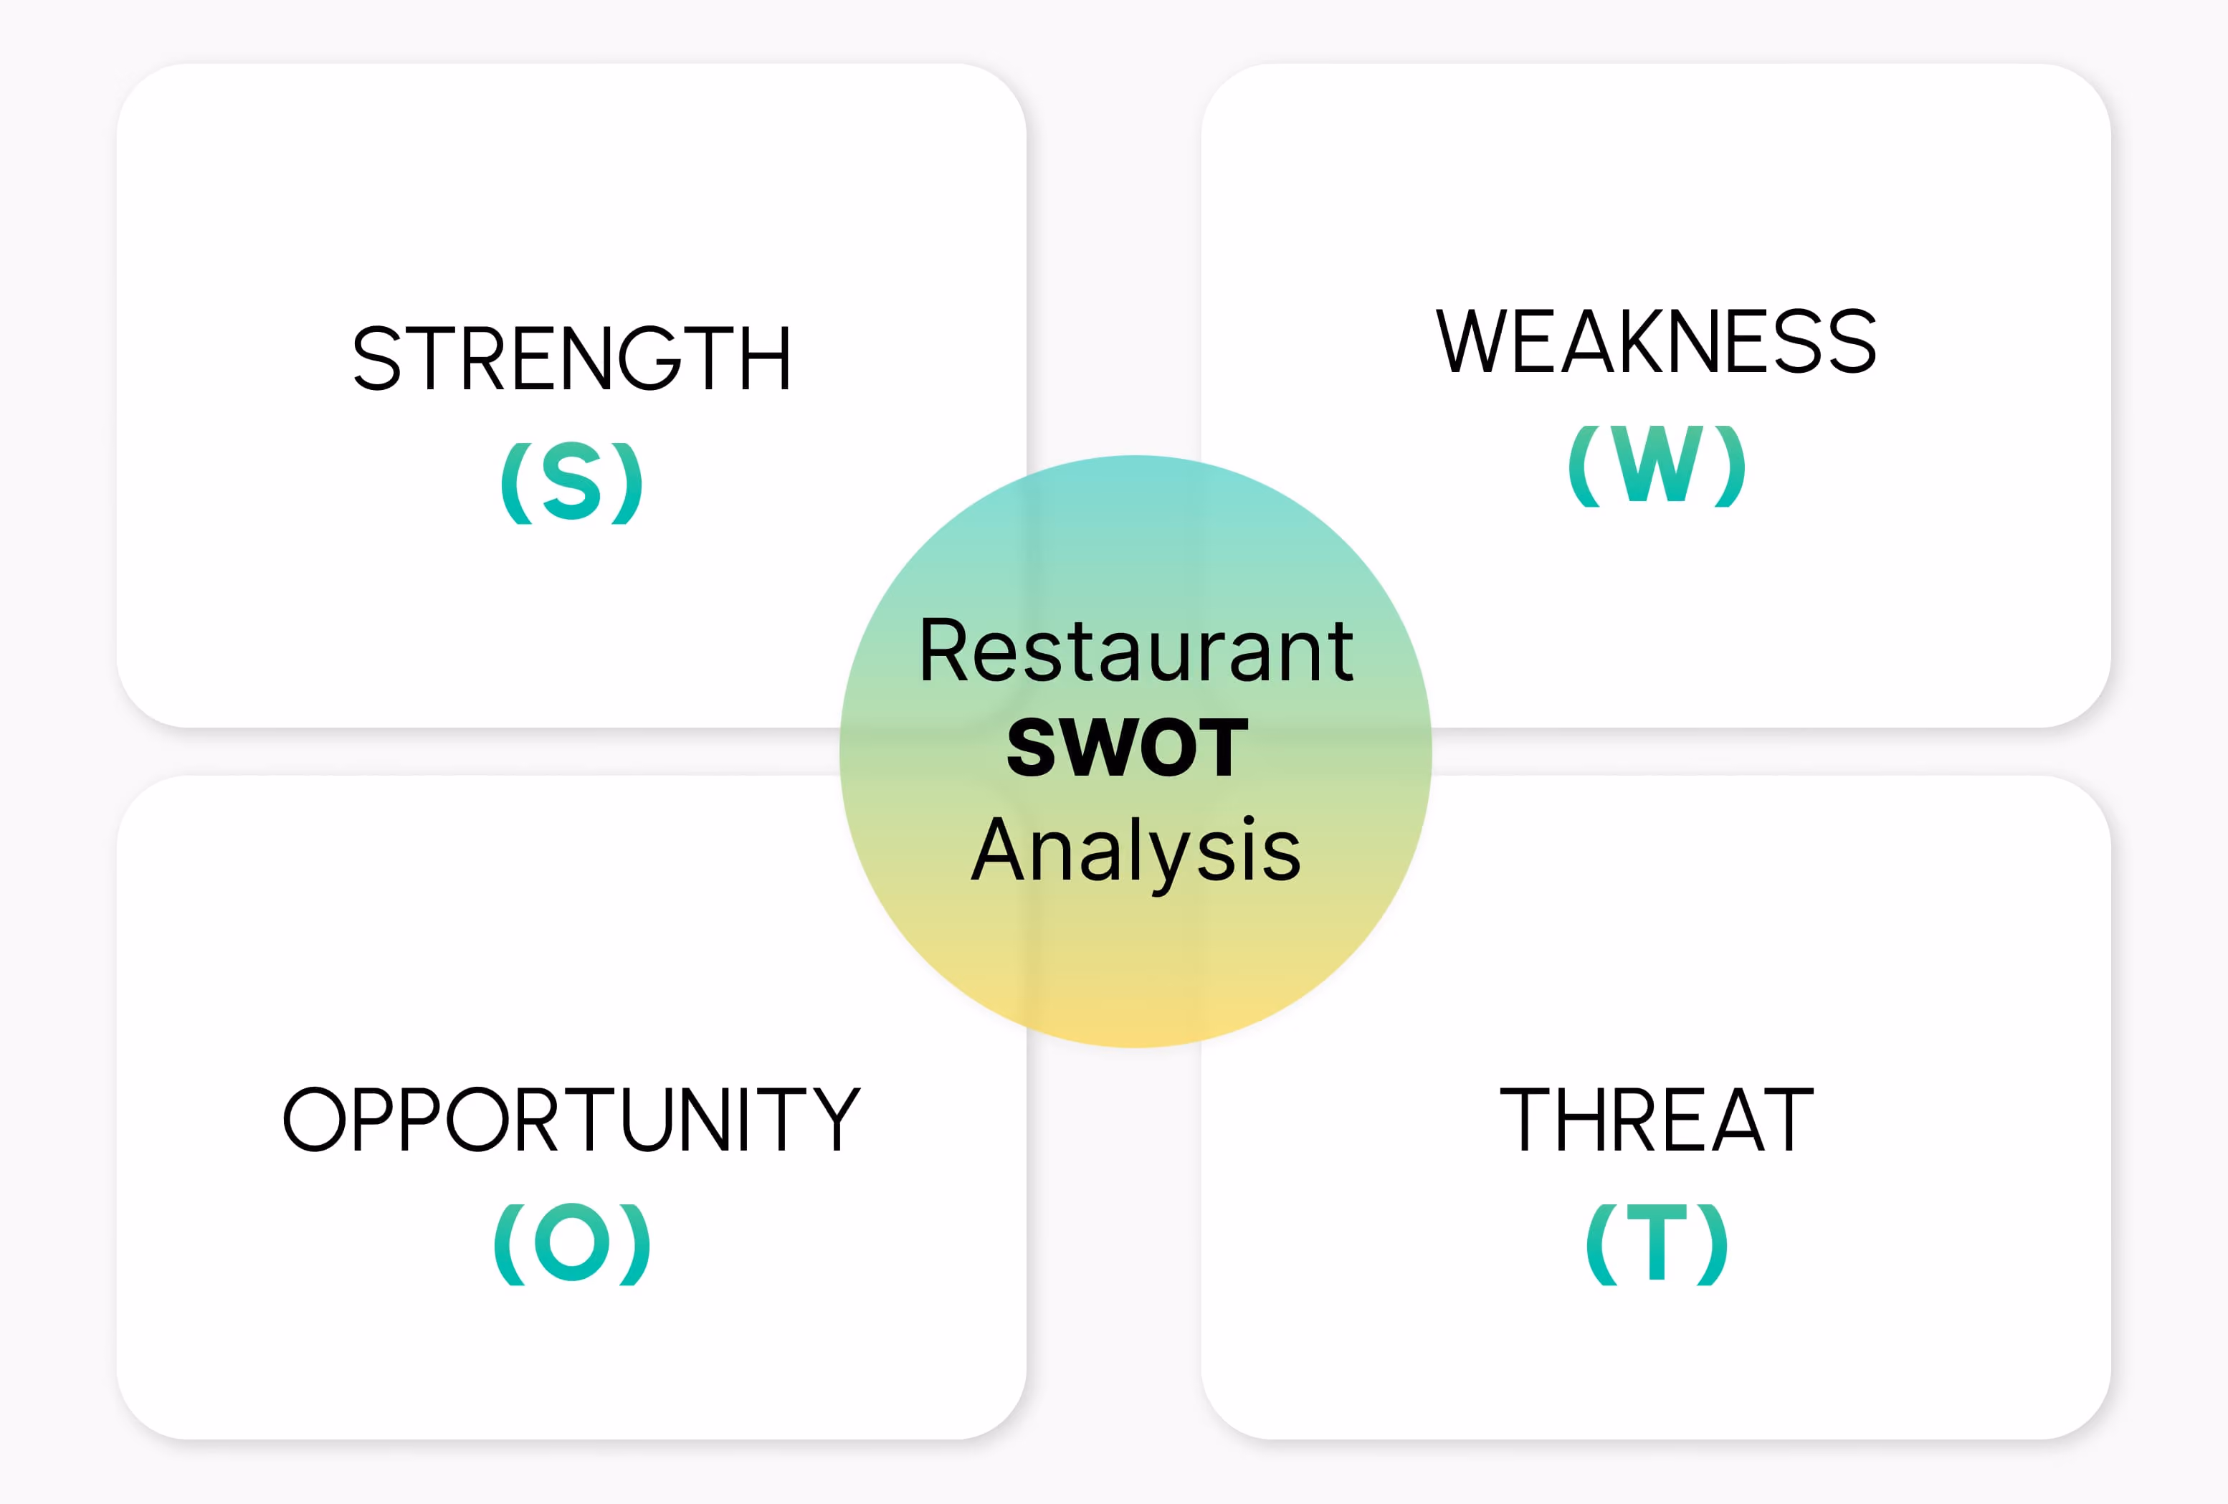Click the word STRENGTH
click(571, 358)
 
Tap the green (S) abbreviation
click(571, 482)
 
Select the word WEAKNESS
click(1656, 341)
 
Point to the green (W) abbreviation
click(1657, 466)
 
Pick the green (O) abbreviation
click(572, 1243)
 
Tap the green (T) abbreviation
click(1657, 1243)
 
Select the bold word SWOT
click(1128, 748)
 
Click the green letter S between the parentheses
click(571, 482)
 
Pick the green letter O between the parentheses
click(572, 1242)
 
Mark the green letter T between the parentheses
click(1657, 1243)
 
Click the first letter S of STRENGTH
click(377, 358)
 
